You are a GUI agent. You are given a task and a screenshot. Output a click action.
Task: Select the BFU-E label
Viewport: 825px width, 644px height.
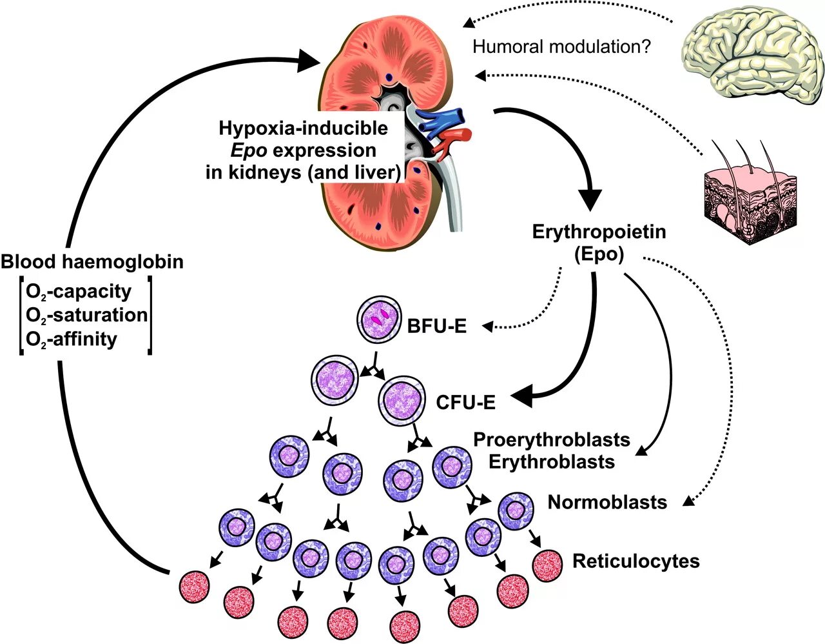pyautogui.click(x=436, y=327)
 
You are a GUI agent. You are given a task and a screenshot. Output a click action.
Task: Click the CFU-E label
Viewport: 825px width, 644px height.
pyautogui.click(x=466, y=403)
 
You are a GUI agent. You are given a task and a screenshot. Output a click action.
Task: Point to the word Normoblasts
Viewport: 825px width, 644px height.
pyautogui.click(x=607, y=502)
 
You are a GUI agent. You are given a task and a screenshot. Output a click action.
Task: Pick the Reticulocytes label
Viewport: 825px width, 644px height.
pyautogui.click(x=636, y=561)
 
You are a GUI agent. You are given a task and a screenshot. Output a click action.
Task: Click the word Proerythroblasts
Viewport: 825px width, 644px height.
pyautogui.click(x=552, y=439)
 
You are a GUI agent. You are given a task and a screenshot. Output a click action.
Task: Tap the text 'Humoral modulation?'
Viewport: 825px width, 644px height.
pyautogui.click(x=562, y=46)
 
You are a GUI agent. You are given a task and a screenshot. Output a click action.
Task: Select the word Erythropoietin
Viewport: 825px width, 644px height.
pyautogui.click(x=599, y=232)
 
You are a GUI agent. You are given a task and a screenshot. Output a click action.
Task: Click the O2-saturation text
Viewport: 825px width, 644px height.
pyautogui.click(x=86, y=315)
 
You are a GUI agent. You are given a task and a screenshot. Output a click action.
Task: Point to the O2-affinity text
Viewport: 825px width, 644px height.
pyautogui.click(x=72, y=339)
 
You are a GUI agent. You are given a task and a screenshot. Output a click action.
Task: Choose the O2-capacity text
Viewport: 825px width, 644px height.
pyautogui.click(x=79, y=292)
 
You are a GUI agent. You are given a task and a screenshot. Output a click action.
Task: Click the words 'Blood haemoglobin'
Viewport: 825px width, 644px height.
pyautogui.click(x=92, y=262)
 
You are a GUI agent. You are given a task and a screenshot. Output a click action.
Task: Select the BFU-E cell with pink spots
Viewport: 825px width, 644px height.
pyautogui.click(x=379, y=319)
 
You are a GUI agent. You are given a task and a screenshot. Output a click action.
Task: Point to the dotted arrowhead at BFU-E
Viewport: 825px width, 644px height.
pyautogui.click(x=488, y=326)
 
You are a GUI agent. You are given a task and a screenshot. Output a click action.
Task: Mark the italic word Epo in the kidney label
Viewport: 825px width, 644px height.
pyautogui.click(x=249, y=151)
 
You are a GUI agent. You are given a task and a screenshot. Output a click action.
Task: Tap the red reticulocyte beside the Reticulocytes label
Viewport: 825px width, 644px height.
pyautogui.click(x=547, y=566)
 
